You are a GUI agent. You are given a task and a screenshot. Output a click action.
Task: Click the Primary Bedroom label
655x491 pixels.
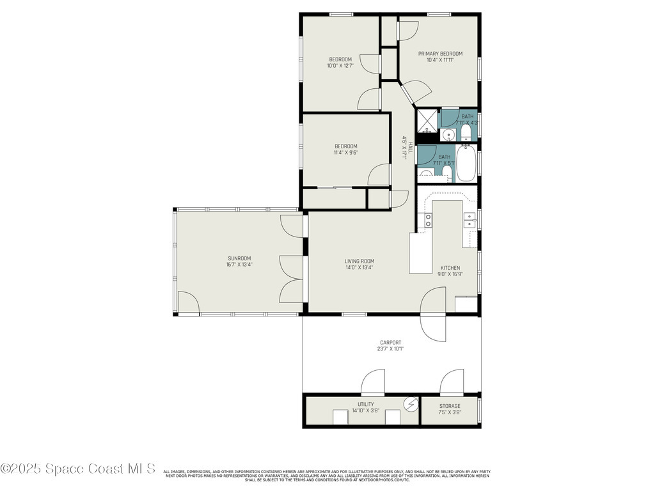click(x=440, y=54)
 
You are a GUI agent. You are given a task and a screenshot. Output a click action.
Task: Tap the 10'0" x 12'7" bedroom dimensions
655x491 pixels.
click(x=340, y=65)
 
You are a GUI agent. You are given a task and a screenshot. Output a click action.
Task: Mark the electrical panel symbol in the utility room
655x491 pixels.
click(x=410, y=405)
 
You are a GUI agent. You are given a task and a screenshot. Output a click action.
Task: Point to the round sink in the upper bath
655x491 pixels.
click(x=449, y=134)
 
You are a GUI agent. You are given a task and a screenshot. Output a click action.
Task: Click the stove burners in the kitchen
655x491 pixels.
click(x=428, y=221)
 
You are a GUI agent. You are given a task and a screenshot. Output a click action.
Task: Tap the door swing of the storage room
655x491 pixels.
click(x=452, y=382)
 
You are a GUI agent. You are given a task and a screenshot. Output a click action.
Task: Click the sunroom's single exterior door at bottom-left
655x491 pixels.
click(x=188, y=303)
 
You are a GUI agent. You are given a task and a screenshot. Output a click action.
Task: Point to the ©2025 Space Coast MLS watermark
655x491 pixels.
click(x=78, y=469)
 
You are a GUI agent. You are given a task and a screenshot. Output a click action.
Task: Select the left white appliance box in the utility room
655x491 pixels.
click(x=341, y=417)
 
